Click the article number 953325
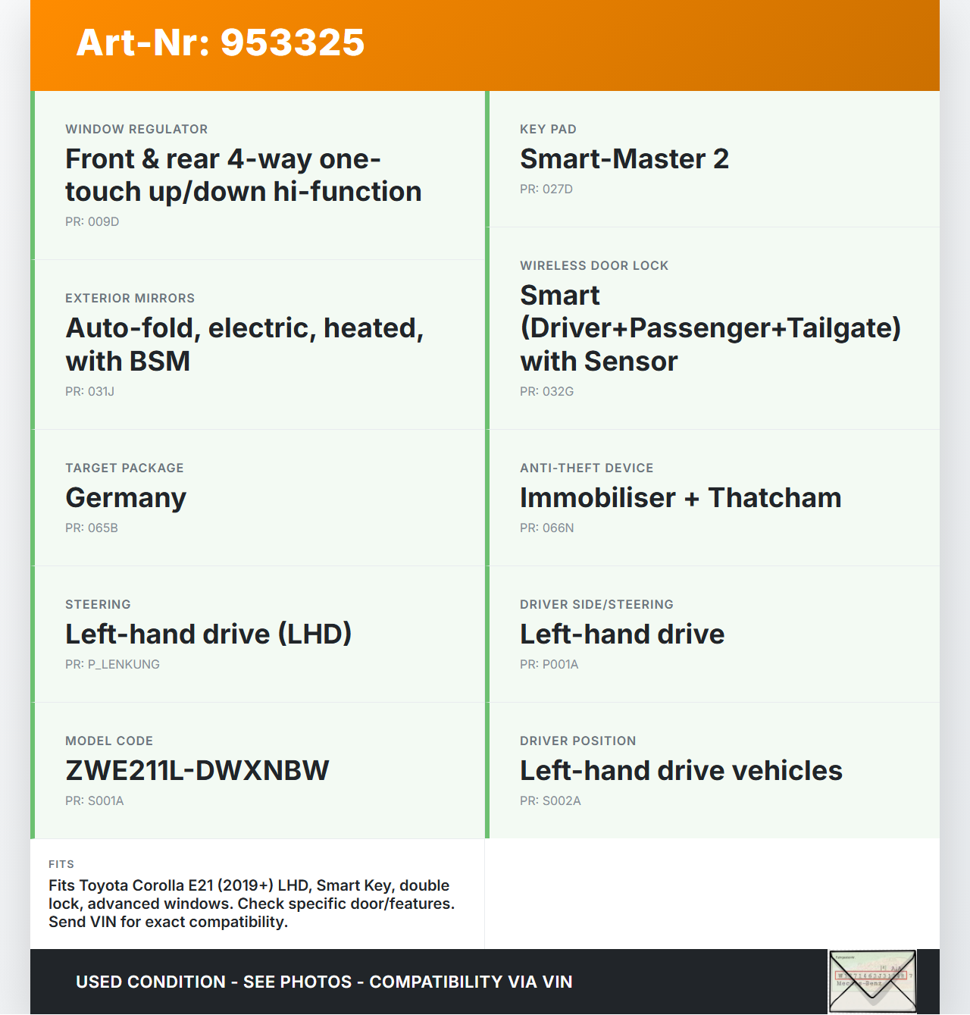tap(293, 42)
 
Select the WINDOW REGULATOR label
tap(136, 130)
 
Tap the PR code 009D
tap(103, 222)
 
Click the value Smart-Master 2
tap(624, 159)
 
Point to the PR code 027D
tap(557, 190)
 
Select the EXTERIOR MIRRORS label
tap(130, 299)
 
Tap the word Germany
tap(126, 498)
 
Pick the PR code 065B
tap(102, 528)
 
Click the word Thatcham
tap(774, 498)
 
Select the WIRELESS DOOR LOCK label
tap(594, 266)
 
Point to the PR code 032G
tap(558, 392)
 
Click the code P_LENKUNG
tap(124, 665)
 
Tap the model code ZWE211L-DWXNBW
tap(197, 771)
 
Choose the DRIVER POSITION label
tap(577, 741)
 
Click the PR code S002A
tap(562, 801)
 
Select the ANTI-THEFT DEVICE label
tap(587, 468)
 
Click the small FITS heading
tap(61, 864)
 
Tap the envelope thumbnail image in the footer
tap(871, 982)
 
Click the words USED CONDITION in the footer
tap(151, 982)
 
